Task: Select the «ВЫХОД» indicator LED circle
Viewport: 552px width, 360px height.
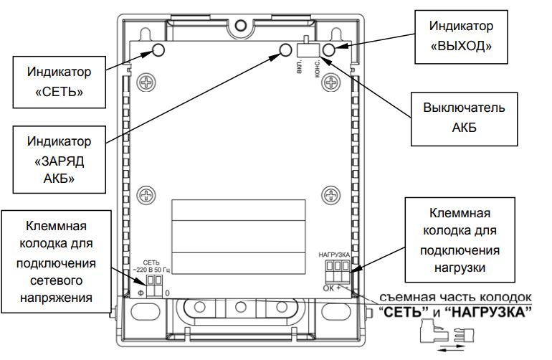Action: click(x=329, y=49)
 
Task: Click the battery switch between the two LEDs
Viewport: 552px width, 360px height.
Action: click(x=307, y=49)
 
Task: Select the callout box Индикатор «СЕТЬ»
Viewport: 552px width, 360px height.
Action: click(x=59, y=82)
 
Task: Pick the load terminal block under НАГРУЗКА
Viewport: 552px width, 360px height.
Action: click(x=336, y=270)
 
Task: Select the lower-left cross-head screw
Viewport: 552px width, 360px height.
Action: click(x=146, y=194)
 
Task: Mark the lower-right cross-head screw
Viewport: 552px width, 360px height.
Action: click(x=330, y=194)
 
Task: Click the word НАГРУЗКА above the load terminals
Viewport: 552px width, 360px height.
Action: click(x=333, y=255)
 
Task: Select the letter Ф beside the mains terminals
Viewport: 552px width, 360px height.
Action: click(x=141, y=293)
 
